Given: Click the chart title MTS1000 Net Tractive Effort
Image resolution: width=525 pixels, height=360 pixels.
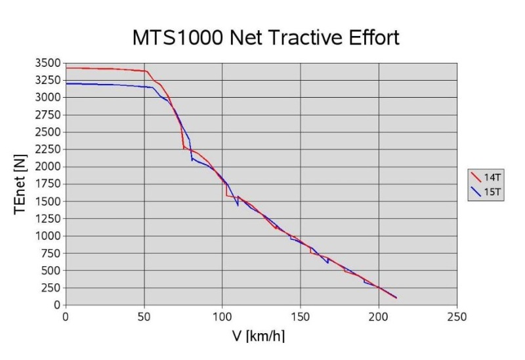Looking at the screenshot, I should click(266, 37).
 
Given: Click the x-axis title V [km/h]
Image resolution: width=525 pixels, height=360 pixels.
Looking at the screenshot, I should click(259, 336).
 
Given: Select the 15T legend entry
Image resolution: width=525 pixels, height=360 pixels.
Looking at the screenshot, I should click(486, 191).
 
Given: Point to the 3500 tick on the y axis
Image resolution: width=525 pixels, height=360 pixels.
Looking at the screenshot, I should click(49, 64).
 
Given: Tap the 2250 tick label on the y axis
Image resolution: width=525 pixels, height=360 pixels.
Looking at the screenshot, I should click(49, 150).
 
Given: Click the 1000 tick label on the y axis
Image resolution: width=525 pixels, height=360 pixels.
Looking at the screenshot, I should click(49, 236).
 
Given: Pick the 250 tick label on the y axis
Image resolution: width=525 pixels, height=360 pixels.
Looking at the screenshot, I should click(52, 288).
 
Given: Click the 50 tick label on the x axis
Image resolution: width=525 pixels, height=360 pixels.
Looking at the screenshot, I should click(144, 317).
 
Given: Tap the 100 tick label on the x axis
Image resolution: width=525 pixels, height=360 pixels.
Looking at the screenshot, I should click(222, 317).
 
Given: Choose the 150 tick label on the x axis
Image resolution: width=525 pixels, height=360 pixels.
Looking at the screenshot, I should click(301, 317).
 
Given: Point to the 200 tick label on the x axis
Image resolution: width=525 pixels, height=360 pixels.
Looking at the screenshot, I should click(379, 317).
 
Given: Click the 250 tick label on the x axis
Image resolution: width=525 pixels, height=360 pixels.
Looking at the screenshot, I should click(457, 317).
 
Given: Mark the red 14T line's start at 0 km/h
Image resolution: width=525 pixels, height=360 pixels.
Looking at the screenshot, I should click(66, 68).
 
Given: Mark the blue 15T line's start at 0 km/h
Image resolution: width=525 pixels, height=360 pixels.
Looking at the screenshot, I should click(66, 84).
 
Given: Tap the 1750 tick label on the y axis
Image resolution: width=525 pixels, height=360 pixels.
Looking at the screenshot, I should click(49, 184).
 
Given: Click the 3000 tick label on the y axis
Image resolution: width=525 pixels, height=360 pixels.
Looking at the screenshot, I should click(49, 98).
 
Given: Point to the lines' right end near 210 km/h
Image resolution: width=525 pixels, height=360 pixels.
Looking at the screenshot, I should click(396, 298).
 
